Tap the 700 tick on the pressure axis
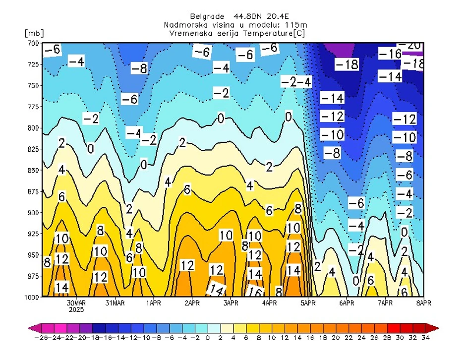coord(33,44)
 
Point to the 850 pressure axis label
coord(33,171)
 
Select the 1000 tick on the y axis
coord(31,297)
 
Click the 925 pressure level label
coord(33,234)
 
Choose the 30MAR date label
coord(76,302)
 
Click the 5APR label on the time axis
coord(308,302)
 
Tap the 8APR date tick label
coord(423,302)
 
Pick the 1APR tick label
coord(153,302)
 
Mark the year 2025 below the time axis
coord(76,309)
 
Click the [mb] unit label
coord(34,33)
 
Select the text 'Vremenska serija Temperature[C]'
coord(237,33)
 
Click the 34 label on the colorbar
coord(425,338)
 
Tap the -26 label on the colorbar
coord(40,338)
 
